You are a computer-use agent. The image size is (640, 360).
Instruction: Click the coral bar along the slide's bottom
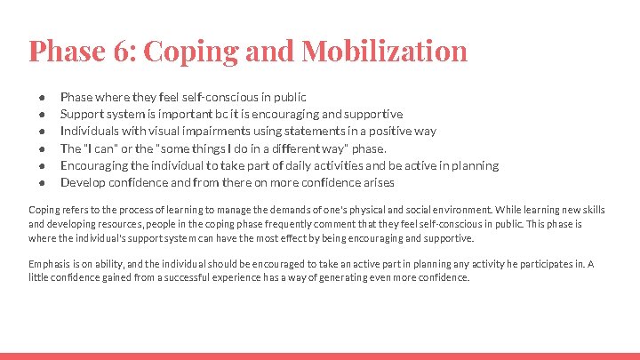tap(320, 356)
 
